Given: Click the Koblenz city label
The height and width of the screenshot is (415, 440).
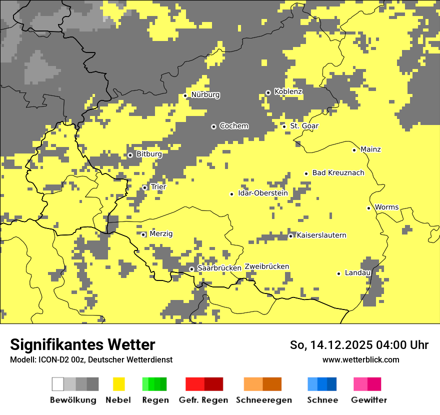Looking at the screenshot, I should (288, 91).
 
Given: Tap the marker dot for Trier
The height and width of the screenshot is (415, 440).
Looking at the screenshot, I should (145, 187).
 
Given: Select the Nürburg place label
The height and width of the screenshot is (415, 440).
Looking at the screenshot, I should (205, 94).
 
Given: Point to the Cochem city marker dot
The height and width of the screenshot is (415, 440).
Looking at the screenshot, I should (213, 126).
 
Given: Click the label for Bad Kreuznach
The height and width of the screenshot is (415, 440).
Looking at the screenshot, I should (338, 172).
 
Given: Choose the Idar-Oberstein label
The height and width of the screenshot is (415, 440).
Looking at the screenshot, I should (262, 193).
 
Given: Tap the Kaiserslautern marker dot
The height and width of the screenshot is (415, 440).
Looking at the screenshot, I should (290, 236).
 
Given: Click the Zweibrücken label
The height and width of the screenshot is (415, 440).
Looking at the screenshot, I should (266, 266).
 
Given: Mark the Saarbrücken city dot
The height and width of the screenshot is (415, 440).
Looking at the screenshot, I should (191, 269).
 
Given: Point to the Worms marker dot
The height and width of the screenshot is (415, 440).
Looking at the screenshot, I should (368, 208).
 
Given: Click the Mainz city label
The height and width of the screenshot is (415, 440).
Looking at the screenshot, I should (370, 149).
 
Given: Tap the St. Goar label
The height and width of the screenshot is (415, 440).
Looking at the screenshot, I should (304, 126).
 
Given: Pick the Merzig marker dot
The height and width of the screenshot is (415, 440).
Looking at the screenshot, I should (143, 234).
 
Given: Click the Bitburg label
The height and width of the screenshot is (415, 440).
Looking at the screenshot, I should (149, 154).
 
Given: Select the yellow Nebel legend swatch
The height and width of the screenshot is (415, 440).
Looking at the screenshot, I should (118, 384).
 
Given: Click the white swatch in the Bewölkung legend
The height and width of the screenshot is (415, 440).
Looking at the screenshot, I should (58, 384).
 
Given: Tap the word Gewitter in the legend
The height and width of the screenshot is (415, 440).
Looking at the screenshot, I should (368, 400).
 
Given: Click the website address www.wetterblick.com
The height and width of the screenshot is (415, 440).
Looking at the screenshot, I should (360, 359).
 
